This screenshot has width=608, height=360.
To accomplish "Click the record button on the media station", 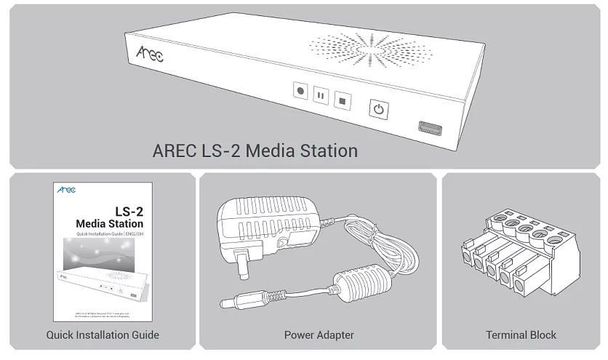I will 300,92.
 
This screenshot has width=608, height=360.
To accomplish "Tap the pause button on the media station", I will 321,95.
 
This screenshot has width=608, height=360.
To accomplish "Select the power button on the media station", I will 377,109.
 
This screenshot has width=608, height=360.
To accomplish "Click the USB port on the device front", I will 429,128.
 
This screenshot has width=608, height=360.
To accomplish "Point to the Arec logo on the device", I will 149,53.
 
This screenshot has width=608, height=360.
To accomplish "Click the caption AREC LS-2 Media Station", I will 255,151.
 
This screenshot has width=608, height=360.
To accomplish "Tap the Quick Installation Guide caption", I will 103,335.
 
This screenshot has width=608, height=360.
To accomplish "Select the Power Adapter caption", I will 319,335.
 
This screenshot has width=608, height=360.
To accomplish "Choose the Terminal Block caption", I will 521,335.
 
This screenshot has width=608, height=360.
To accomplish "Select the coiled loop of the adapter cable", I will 382,244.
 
